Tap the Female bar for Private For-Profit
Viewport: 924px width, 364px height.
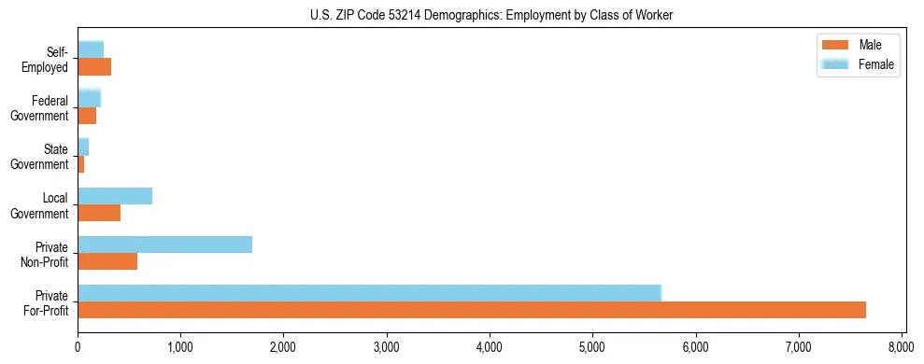pos(369,292)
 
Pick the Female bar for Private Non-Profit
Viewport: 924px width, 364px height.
pos(164,245)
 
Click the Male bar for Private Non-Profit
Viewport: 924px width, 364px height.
pos(107,261)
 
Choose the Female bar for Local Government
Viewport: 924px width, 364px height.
pos(115,196)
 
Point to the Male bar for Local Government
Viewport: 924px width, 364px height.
pos(99,213)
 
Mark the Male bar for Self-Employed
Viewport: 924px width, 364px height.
pos(94,67)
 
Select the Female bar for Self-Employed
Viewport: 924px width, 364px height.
pos(91,49)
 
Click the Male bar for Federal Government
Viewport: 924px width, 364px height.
pos(87,116)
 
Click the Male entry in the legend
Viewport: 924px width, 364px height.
pos(858,45)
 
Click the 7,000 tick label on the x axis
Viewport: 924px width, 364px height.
pos(799,347)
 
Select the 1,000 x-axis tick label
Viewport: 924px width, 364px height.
pos(180,347)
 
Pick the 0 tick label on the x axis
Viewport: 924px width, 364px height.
pos(78,347)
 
